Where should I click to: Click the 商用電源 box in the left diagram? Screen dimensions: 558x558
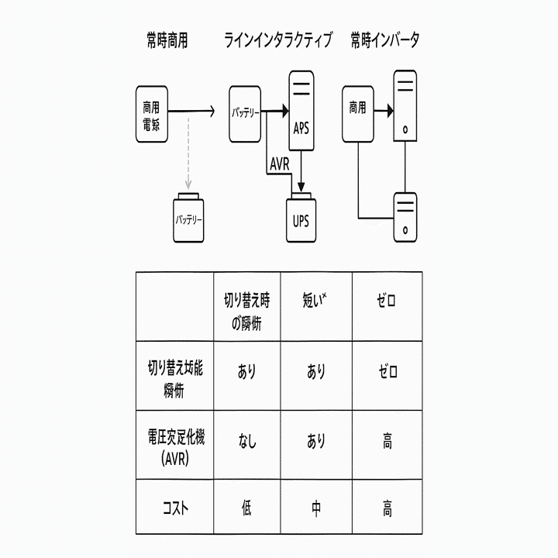click(151, 113)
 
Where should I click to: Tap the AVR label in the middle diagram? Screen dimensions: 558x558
click(280, 164)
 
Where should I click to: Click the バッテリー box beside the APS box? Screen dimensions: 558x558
click(246, 113)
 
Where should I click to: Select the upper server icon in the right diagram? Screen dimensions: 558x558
click(405, 105)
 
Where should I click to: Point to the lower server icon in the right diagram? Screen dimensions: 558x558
click(405, 216)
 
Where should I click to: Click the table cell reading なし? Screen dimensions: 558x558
click(246, 444)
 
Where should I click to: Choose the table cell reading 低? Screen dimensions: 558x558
click(246, 509)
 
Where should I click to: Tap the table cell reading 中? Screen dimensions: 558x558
click(316, 509)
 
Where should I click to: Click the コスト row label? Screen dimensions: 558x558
click(175, 509)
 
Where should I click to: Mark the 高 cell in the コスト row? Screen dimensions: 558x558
click(387, 509)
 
